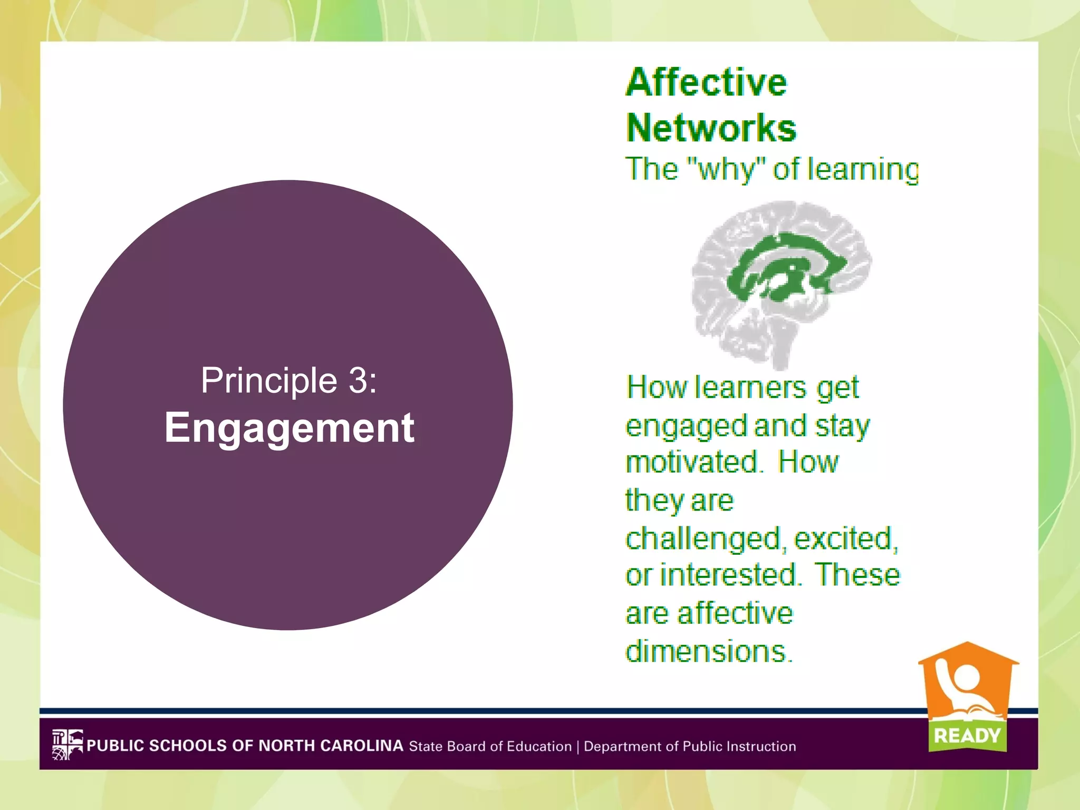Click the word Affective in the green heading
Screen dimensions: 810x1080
(706, 83)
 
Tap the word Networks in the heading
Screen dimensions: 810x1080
(711, 128)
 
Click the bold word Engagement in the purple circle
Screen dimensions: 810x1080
(289, 428)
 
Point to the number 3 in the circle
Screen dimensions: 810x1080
(358, 380)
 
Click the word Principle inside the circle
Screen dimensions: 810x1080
(269, 380)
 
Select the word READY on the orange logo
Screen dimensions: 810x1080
(967, 736)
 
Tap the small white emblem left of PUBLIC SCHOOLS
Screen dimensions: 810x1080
(67, 745)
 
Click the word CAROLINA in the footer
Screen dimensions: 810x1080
(362, 746)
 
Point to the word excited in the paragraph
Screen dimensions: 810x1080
(845, 539)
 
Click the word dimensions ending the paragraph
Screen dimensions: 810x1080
(708, 652)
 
